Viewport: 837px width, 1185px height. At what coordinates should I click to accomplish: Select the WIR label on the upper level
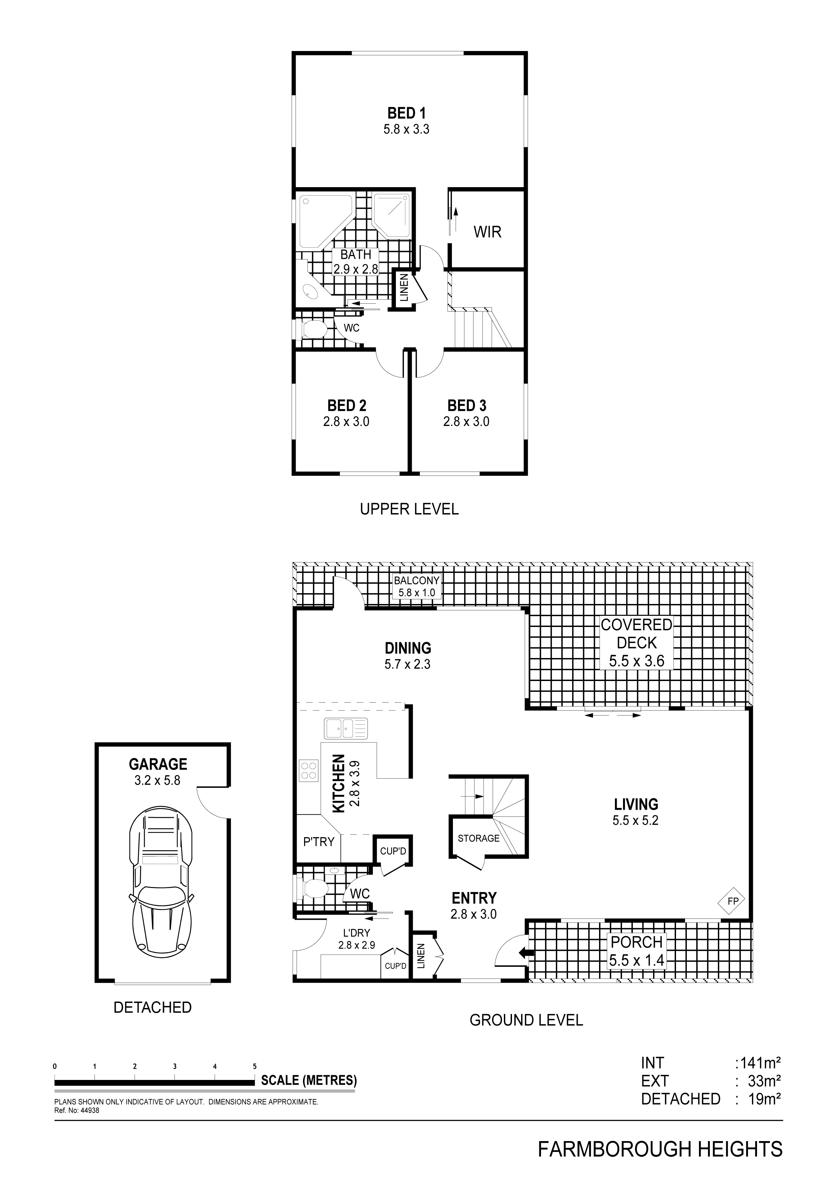tap(487, 232)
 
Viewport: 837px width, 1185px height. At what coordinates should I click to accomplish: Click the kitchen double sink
tap(346, 728)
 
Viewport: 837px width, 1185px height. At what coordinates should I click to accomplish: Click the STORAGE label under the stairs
tap(479, 838)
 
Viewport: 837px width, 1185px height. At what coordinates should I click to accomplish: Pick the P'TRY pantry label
tap(319, 842)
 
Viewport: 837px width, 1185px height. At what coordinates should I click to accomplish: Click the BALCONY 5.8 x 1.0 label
tap(417, 587)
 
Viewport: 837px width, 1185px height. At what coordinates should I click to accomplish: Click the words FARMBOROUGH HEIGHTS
tap(660, 1145)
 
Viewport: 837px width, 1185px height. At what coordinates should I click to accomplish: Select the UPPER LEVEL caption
tap(409, 509)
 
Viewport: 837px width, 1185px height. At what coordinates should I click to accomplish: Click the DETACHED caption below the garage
tap(153, 1007)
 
